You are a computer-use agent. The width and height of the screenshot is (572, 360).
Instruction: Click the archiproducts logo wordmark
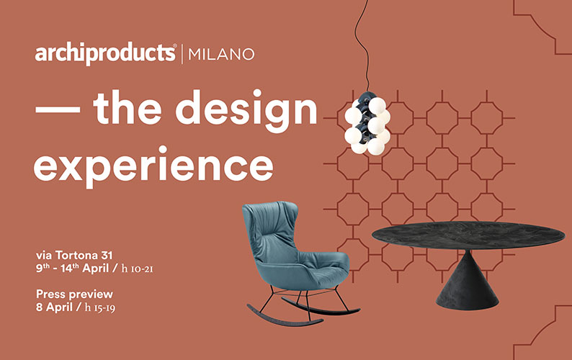(105, 54)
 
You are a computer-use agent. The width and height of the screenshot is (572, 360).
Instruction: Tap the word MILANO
(221, 54)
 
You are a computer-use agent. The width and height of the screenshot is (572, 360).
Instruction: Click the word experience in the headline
(153, 166)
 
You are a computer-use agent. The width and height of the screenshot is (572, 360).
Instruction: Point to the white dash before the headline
(58, 109)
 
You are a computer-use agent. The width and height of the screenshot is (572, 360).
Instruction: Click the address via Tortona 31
(74, 255)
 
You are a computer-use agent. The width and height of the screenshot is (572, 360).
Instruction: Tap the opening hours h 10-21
(137, 269)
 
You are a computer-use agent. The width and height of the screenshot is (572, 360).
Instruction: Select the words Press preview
(74, 294)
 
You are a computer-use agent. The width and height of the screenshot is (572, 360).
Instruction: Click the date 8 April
(54, 307)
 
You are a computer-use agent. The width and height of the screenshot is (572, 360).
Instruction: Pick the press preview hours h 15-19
(100, 307)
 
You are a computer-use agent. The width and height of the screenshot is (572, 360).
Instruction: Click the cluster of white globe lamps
(367, 125)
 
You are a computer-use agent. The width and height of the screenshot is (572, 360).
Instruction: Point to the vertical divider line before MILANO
(182, 54)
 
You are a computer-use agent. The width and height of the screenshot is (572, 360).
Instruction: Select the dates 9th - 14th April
(72, 268)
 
